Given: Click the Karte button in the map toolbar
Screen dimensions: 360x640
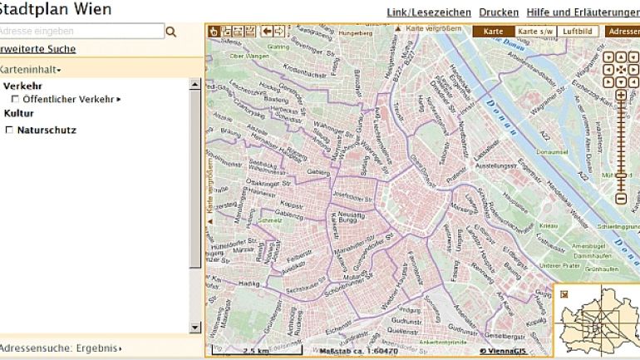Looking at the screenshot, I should tap(493, 31).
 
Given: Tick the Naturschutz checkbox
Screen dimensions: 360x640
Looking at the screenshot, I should tap(10, 131).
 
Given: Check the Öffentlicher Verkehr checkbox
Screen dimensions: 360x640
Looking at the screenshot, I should tap(15, 100).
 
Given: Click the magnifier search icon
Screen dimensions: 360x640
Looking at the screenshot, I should tap(172, 32).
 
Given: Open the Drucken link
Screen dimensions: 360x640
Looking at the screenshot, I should tap(499, 12).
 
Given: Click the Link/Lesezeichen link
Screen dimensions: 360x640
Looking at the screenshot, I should tap(429, 12).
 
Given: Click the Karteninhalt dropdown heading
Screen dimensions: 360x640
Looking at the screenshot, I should tap(30, 70).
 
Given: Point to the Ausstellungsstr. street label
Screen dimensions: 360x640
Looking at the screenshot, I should tap(496, 165).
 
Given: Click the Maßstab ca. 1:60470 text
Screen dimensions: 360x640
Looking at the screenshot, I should tap(358, 351).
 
